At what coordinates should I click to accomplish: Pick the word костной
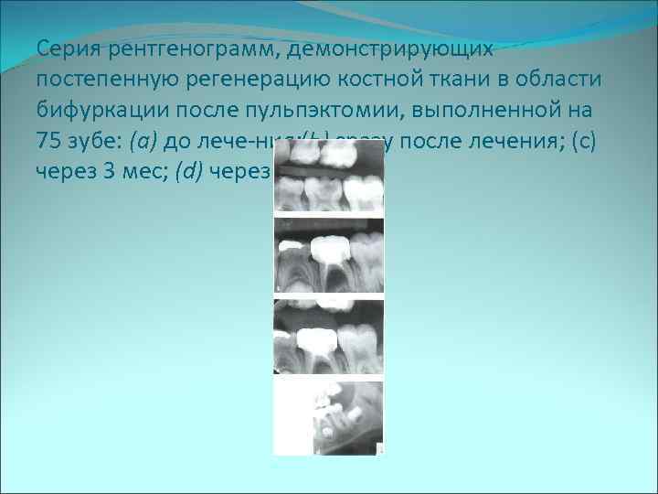click(x=391, y=78)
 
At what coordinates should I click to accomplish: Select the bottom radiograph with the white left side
click(x=327, y=416)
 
